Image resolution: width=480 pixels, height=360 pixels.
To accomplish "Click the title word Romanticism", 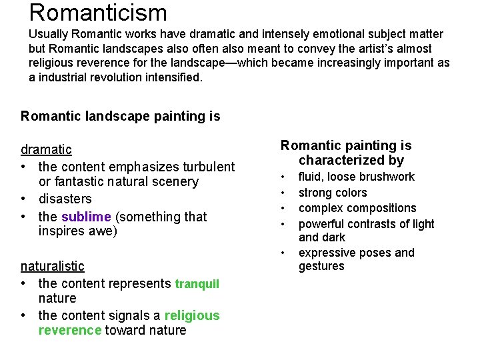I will coord(98,12).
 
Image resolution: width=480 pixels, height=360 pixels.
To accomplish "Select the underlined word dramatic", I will coord(46,149).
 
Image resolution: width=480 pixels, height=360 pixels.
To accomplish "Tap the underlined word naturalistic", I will coord(52,266).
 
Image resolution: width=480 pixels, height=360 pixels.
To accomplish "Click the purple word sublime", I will coord(86,217).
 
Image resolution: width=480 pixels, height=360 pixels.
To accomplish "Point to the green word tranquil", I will coord(197,284).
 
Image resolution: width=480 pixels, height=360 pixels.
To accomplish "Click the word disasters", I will coord(65,199).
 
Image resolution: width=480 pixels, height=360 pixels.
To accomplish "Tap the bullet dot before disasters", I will coord(25,199).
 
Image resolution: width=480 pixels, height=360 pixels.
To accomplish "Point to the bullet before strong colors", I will coord(285,193).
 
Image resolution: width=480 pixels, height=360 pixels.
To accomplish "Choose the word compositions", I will coord(380,208).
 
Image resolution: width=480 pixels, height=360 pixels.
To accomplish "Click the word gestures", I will coord(321,266).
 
